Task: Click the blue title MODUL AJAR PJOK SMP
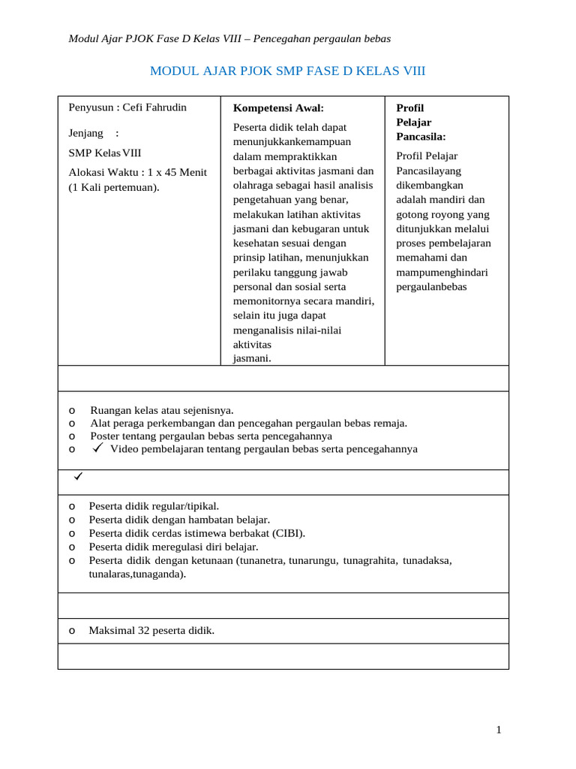click(287, 71)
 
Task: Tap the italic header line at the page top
click(229, 38)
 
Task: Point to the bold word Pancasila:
click(421, 136)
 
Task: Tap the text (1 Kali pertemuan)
click(114, 187)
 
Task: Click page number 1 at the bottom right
click(498, 730)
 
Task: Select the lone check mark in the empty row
click(76, 477)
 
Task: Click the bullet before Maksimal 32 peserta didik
click(71, 631)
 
